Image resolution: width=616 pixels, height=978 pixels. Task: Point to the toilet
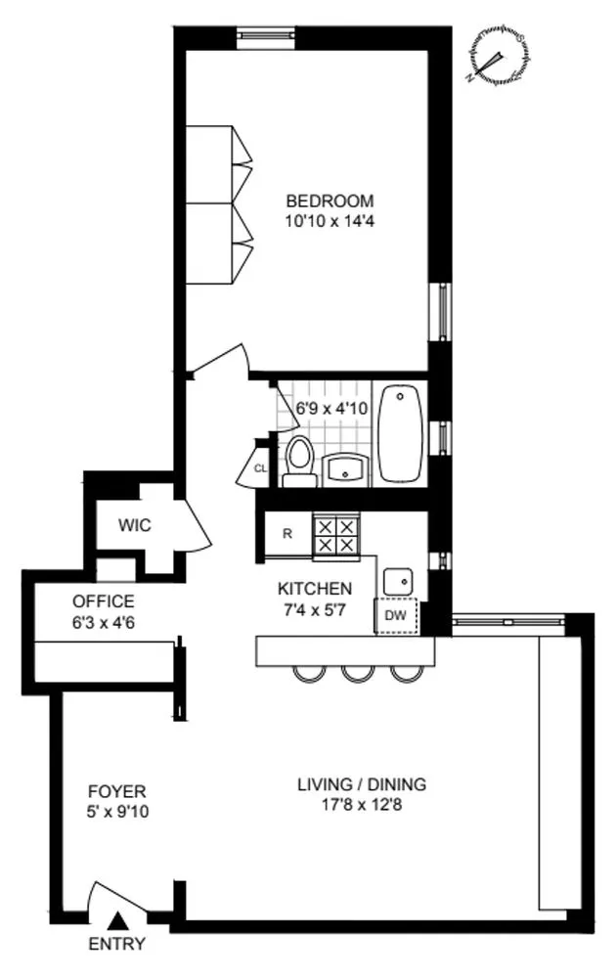(x=299, y=462)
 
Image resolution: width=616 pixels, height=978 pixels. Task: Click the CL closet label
(x=259, y=468)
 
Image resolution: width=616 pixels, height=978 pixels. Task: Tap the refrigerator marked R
(x=287, y=535)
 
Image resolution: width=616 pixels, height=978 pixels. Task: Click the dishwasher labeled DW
(x=396, y=616)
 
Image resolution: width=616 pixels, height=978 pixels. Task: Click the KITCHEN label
(x=315, y=589)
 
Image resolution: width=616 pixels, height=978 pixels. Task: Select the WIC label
(x=135, y=525)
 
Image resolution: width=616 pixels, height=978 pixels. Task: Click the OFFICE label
(x=103, y=601)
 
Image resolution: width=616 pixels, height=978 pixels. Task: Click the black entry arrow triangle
(x=117, y=919)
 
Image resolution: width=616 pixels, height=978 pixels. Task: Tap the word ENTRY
(x=117, y=945)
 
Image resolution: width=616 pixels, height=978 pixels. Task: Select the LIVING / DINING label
(x=362, y=784)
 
